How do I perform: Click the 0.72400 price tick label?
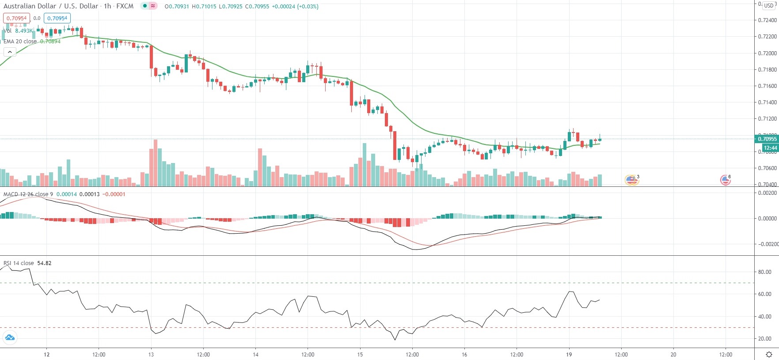(x=767, y=20)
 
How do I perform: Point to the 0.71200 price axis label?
(x=767, y=119)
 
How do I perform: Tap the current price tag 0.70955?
(x=767, y=139)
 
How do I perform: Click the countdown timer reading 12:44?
(x=770, y=148)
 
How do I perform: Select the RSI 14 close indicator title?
(x=19, y=263)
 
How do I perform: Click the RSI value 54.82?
(x=44, y=263)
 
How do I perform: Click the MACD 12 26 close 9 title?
(x=28, y=194)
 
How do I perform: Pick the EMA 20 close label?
(x=20, y=42)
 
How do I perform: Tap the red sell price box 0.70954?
(x=16, y=18)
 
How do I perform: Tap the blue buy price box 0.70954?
(x=57, y=18)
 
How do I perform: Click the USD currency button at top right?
(x=769, y=6)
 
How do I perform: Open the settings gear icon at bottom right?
(x=769, y=354)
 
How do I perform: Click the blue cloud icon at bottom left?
(x=10, y=338)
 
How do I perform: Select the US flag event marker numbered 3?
(x=631, y=179)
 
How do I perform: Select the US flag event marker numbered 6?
(x=725, y=179)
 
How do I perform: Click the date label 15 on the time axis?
(x=360, y=354)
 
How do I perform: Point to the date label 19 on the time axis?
(x=569, y=354)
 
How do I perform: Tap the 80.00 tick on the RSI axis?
(x=764, y=272)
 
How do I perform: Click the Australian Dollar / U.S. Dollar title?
(x=51, y=6)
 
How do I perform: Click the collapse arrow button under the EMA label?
(x=10, y=52)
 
